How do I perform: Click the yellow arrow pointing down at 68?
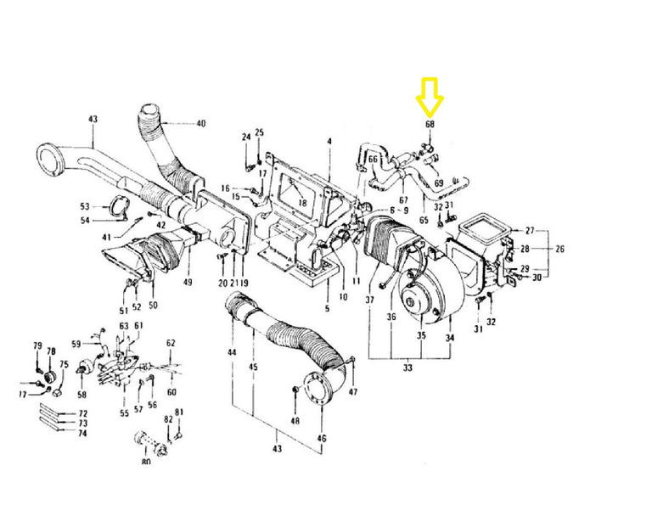point(430,97)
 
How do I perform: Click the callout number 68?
point(430,124)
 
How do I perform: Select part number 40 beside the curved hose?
point(201,123)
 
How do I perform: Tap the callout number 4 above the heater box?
point(329,141)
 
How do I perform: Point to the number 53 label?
point(85,206)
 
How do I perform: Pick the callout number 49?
point(188,282)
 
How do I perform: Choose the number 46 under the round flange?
point(322,438)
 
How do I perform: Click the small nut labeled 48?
point(295,390)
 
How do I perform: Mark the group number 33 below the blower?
point(407,368)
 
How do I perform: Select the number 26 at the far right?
point(559,249)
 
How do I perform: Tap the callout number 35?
point(421,334)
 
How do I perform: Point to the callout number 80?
point(146,461)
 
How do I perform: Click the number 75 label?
point(64,364)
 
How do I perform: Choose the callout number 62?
point(171,343)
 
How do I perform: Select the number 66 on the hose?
point(373,160)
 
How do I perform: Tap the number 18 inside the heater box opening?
point(302,203)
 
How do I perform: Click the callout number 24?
point(246,137)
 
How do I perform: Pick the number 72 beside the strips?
point(83,413)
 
